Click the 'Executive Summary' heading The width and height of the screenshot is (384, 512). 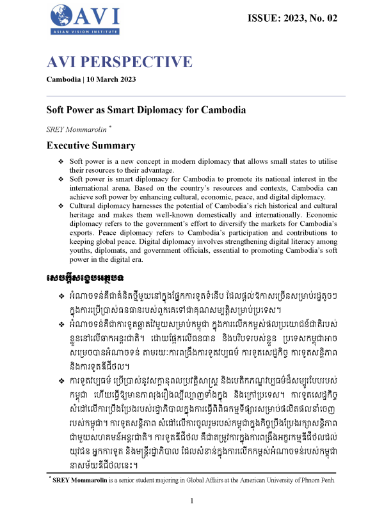(x=91, y=145)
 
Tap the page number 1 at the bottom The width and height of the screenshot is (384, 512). (x=192, y=500)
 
